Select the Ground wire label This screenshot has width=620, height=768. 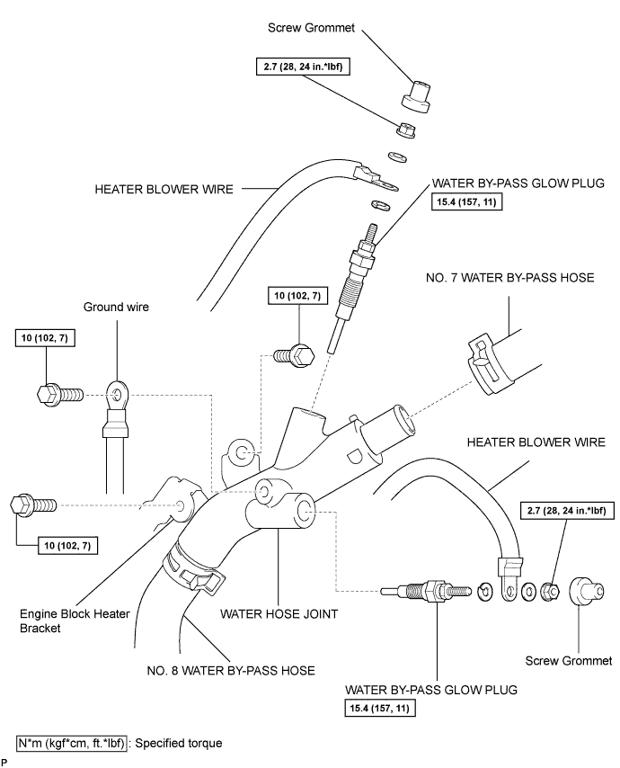point(116,307)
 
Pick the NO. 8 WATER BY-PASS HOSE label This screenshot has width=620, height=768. point(231,670)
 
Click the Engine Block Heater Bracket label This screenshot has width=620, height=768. point(61,621)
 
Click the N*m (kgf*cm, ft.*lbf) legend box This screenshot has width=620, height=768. point(72,744)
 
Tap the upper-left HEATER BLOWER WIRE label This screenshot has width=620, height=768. point(164,190)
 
